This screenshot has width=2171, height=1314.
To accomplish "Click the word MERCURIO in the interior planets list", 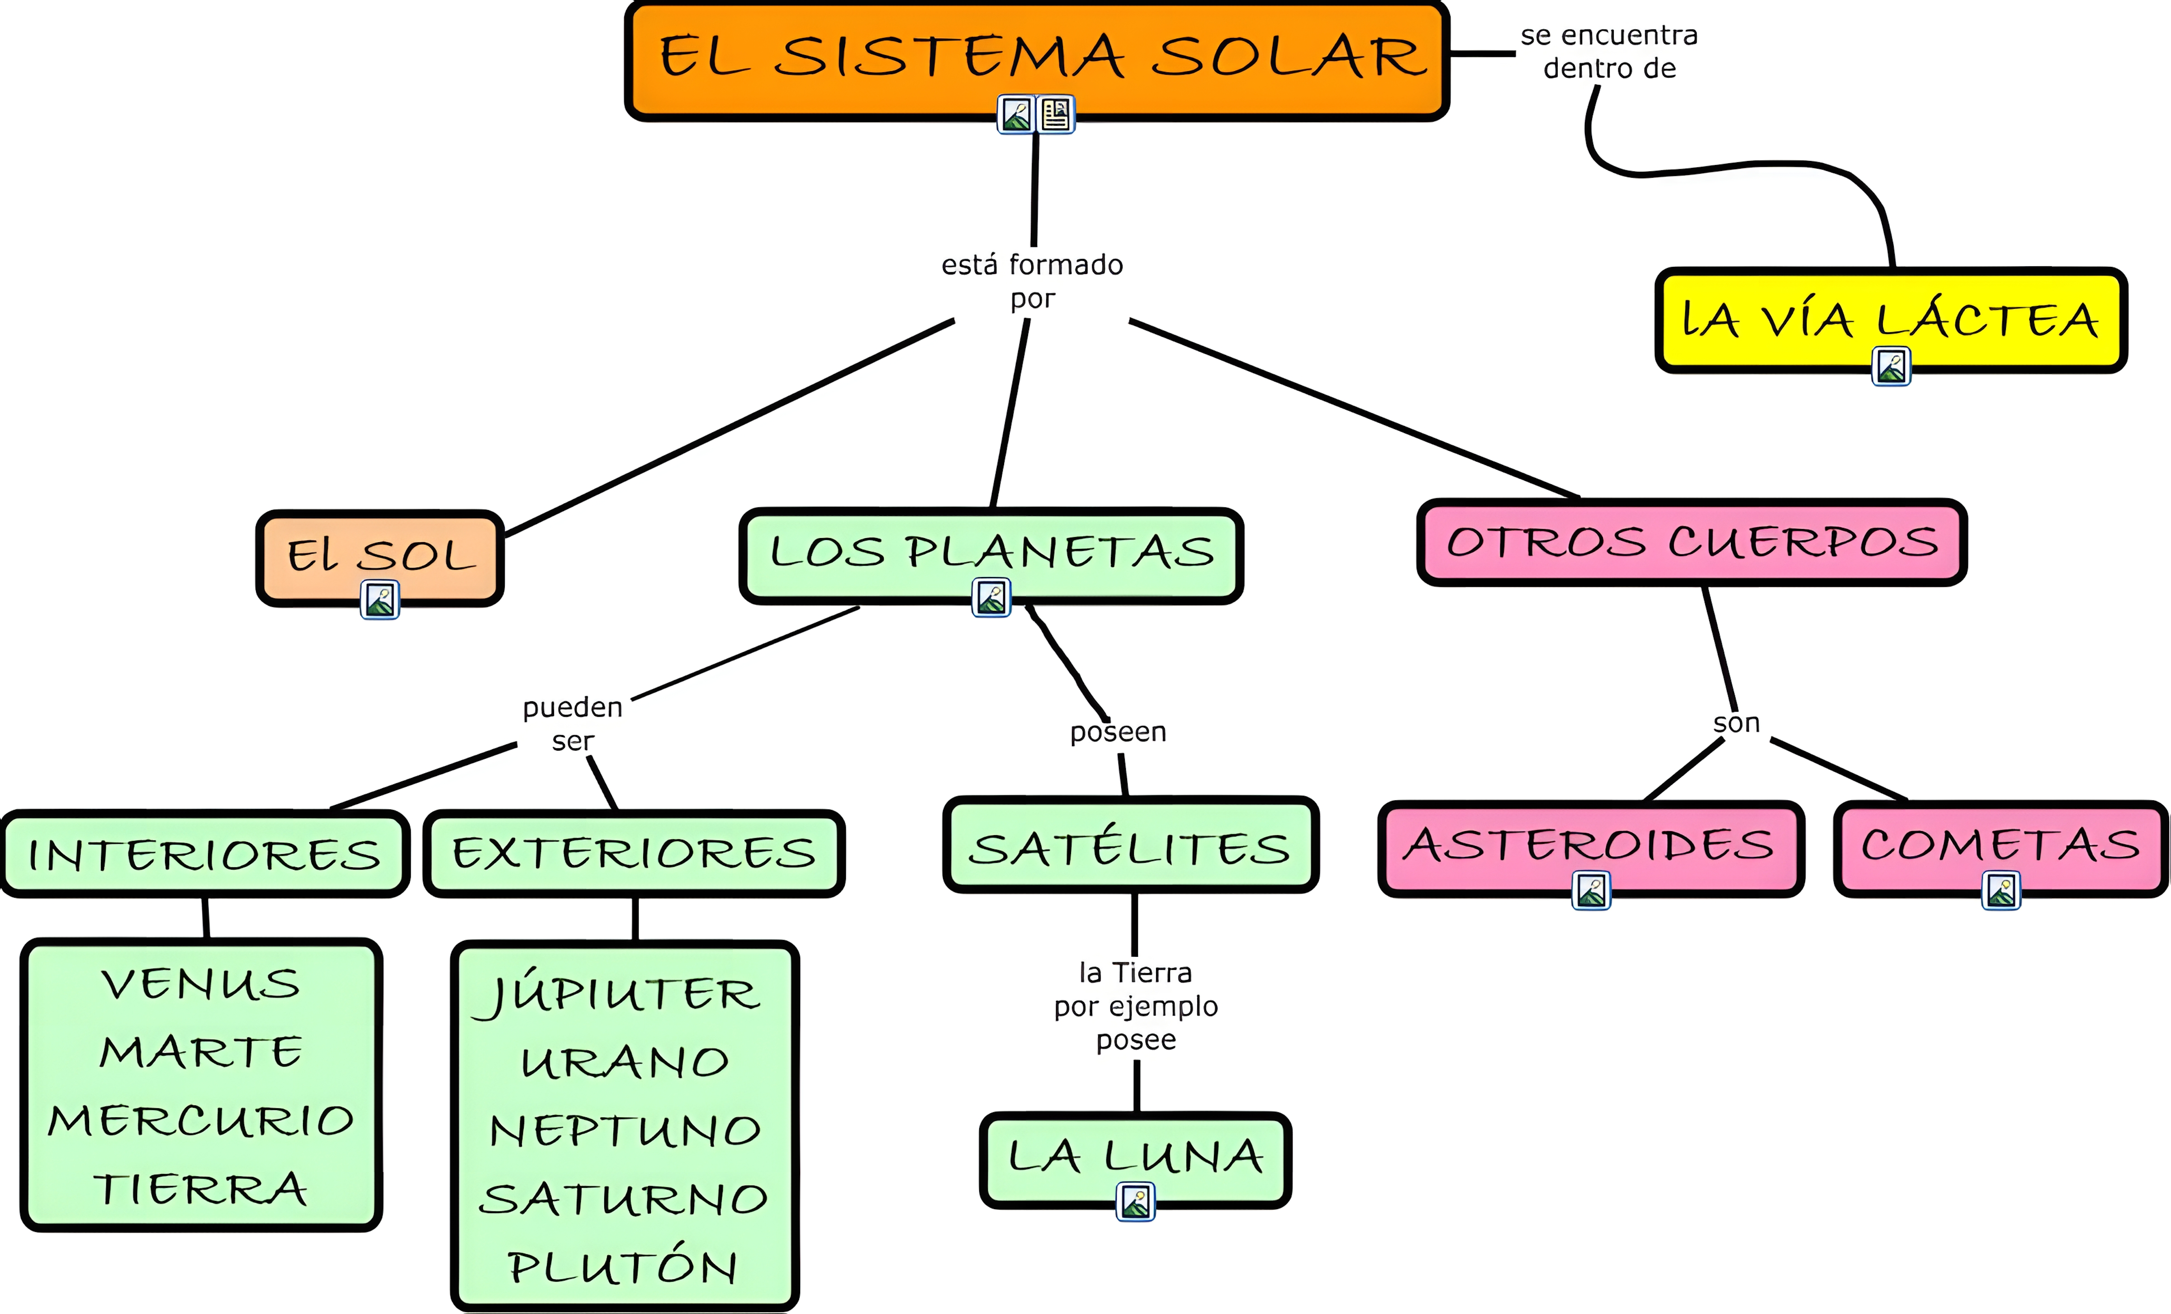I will [201, 1120].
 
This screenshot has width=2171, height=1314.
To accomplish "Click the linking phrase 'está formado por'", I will [1032, 281].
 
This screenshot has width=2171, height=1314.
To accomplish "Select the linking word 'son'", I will [1736, 723].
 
